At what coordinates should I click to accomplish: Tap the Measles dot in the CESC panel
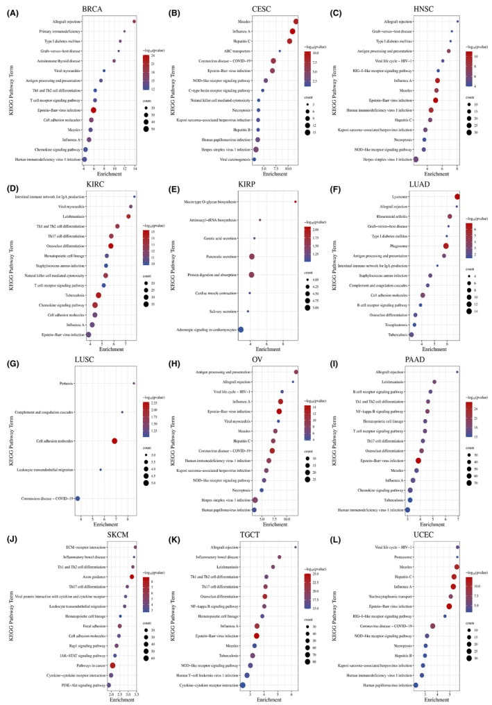(296, 22)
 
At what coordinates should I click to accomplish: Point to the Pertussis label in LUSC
(67, 383)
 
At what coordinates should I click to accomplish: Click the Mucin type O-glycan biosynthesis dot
(296, 202)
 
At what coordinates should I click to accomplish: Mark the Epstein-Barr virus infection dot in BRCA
(94, 110)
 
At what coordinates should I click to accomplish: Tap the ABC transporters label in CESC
(232, 51)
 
